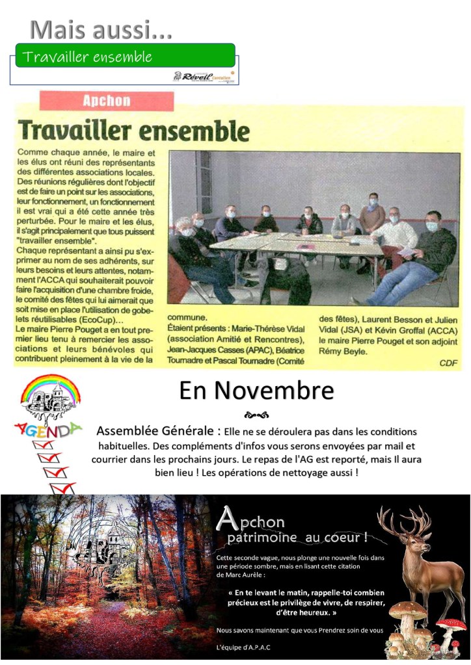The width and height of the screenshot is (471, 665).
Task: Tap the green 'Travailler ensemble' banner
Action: click(124, 56)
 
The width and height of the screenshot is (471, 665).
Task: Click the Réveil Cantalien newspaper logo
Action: click(205, 77)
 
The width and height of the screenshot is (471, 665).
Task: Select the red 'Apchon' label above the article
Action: click(107, 101)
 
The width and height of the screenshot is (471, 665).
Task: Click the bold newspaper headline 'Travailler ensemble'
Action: click(133, 129)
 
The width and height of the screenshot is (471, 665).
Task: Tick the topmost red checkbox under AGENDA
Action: click(43, 445)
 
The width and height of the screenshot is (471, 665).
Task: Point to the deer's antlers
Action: click(404, 524)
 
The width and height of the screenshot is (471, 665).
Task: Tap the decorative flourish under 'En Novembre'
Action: click(256, 415)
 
